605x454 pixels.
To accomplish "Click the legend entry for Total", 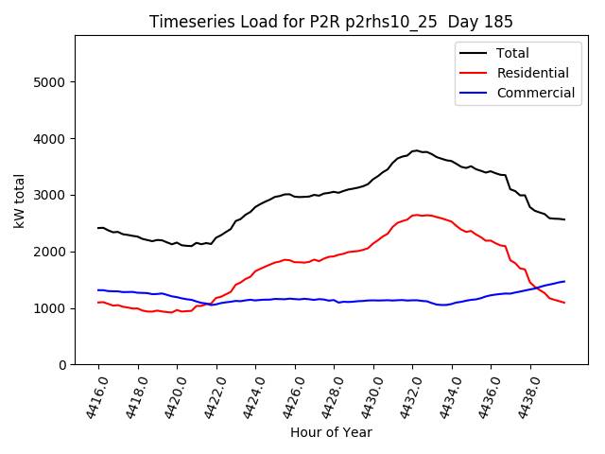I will click(x=512, y=53).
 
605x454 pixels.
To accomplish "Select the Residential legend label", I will click(x=532, y=73).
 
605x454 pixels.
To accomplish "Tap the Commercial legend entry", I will click(x=535, y=93).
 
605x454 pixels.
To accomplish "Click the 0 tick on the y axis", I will click(x=63, y=365).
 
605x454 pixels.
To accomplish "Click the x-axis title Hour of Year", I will click(x=331, y=432).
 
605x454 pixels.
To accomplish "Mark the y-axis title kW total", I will click(x=19, y=200).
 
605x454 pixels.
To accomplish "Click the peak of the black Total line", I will click(x=416, y=150).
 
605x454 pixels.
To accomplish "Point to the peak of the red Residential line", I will click(x=417, y=215).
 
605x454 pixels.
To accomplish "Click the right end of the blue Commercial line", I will click(x=564, y=281).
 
